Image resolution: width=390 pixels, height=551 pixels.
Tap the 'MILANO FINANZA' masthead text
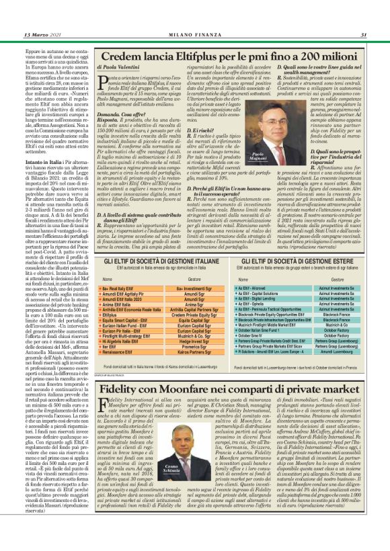point(194,15)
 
